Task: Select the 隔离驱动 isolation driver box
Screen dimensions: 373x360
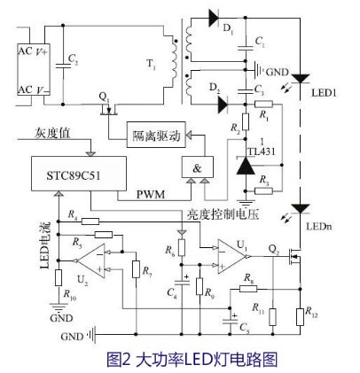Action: click(158, 136)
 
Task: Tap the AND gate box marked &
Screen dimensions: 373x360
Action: click(198, 167)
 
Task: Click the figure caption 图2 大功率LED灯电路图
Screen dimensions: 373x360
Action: click(180, 359)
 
